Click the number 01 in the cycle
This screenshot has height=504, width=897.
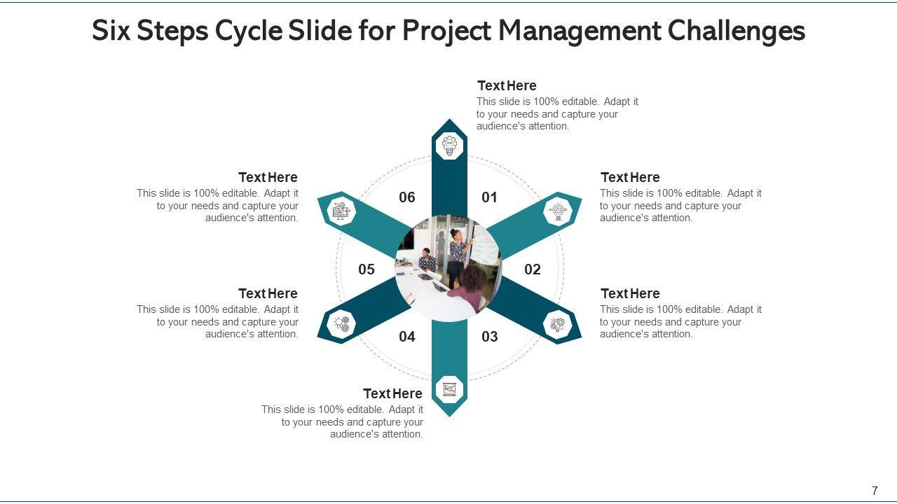(489, 197)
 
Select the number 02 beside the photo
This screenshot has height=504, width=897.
(533, 269)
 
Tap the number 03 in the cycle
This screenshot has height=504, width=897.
(490, 337)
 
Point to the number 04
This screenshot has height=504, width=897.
(407, 337)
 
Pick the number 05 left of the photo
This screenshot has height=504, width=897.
(367, 269)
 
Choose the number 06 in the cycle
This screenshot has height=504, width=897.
(407, 197)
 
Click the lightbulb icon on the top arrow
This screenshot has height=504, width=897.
(449, 146)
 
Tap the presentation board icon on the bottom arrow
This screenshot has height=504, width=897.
(449, 388)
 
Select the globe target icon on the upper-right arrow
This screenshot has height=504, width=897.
(558, 210)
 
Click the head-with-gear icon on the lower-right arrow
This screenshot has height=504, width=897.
(558, 325)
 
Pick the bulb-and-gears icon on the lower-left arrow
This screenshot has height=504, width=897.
(341, 324)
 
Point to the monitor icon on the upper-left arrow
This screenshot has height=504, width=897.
(341, 210)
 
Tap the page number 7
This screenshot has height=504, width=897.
(875, 491)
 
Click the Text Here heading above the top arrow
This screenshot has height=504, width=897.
(507, 85)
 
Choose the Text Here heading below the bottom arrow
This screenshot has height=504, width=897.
(392, 393)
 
